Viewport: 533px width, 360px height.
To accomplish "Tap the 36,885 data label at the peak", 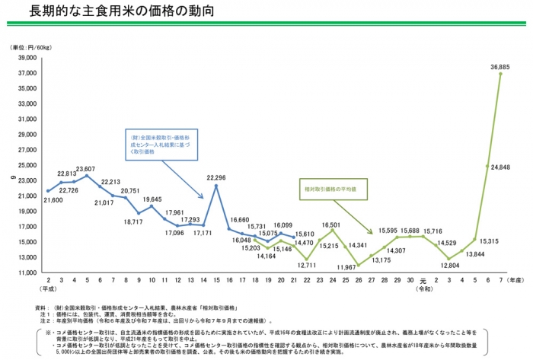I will tap(500, 67).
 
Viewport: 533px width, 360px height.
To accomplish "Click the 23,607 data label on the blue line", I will tap(85, 169).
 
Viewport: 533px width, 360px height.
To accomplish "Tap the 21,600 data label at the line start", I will tap(52, 199).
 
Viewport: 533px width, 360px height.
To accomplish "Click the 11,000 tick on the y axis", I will tap(27, 272).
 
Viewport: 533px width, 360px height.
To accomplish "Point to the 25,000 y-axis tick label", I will tap(27, 165).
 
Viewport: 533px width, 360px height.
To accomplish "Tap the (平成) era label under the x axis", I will tap(47, 290).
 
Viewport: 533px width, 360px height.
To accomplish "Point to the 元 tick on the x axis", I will tap(423, 282).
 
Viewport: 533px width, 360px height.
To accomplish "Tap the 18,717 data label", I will tap(132, 221).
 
